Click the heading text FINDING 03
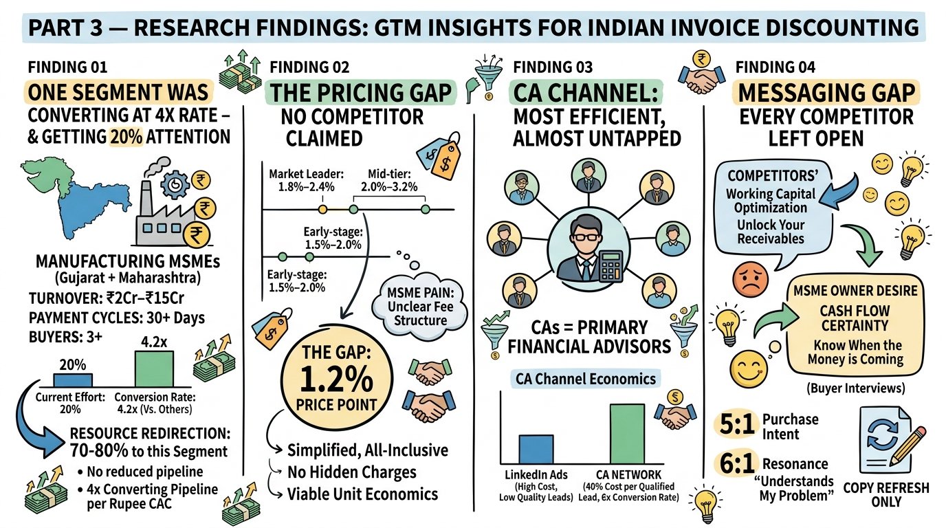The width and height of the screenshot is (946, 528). pyautogui.click(x=551, y=67)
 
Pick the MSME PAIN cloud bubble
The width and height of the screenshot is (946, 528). pyautogui.click(x=419, y=307)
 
